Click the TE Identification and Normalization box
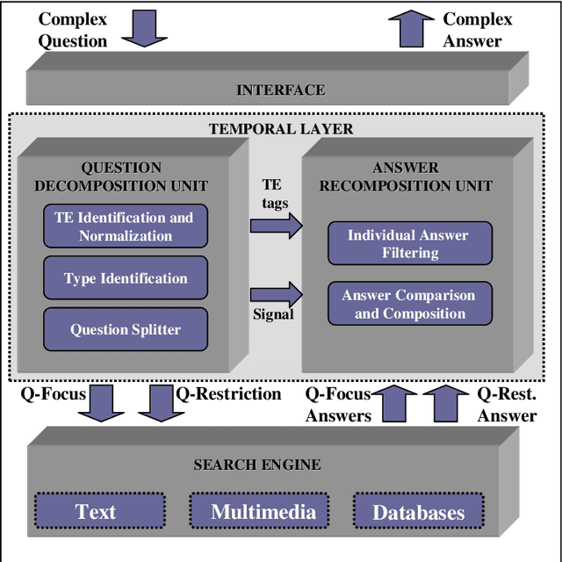(x=125, y=226)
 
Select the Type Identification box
(x=125, y=278)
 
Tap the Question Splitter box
(x=125, y=330)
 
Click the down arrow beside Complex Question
(x=143, y=29)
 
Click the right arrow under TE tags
(x=275, y=226)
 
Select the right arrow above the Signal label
(x=275, y=294)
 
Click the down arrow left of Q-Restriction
(x=155, y=403)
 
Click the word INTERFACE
(x=280, y=90)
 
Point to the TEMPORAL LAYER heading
(x=281, y=129)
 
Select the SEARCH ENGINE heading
(x=257, y=465)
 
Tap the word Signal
(x=273, y=313)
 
